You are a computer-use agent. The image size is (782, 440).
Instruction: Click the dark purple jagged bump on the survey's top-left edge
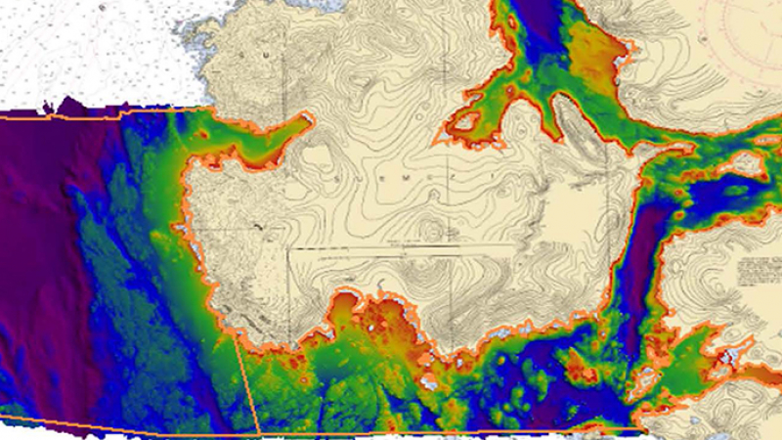[68, 106]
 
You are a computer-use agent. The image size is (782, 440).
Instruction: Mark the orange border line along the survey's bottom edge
[391, 431]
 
